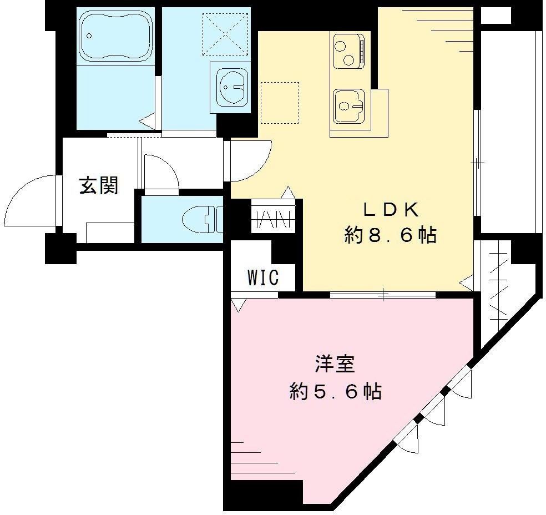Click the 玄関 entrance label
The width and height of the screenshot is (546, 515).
99,185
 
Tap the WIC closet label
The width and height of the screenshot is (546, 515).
263,277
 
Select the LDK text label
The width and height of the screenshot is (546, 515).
390,210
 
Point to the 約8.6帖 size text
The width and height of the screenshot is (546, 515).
390,236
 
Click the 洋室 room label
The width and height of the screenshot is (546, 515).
335,364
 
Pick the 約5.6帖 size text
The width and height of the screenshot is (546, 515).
336,391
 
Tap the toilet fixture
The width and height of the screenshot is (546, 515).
203,219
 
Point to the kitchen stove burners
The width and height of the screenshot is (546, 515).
349,51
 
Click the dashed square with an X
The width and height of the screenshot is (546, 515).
226,34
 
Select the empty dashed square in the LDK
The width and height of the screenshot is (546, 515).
280,103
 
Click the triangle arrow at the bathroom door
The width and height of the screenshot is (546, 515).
147,122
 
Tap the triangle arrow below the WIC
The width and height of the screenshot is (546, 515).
239,305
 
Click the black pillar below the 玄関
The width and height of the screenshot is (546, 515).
60,248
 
